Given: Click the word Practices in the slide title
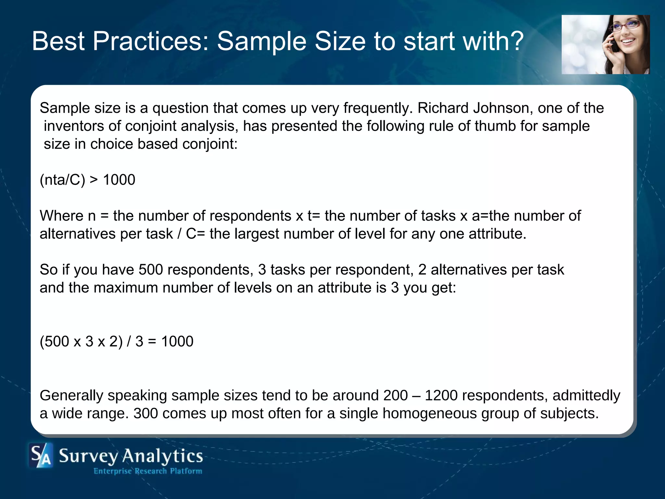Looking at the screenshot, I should pos(151,41).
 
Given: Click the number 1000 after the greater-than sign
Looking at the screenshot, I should pos(119,180).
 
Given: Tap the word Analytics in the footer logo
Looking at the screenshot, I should pos(162,456).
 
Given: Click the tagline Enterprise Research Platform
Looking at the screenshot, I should pos(148,471).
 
